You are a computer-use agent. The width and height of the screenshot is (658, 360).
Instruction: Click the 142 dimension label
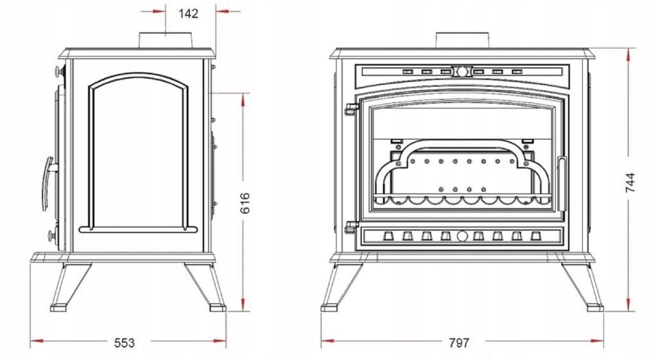(x=188, y=14)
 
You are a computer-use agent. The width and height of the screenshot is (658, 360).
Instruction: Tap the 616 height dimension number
(x=245, y=203)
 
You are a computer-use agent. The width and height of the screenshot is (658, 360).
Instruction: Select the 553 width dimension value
(x=125, y=343)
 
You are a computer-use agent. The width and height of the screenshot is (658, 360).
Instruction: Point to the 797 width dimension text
(x=459, y=343)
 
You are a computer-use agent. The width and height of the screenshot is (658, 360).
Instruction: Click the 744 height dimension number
(x=630, y=182)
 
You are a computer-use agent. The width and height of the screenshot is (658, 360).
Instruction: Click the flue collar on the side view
(x=166, y=40)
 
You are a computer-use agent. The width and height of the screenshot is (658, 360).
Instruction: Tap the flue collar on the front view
(x=463, y=40)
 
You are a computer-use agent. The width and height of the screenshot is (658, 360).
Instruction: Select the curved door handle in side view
(x=48, y=184)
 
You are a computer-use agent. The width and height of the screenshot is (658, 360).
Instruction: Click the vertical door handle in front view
(x=561, y=183)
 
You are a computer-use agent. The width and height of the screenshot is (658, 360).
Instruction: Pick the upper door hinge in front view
(x=351, y=108)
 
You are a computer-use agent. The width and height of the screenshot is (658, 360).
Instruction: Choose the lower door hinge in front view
(x=351, y=227)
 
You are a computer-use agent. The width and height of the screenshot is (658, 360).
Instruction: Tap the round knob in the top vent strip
(x=462, y=72)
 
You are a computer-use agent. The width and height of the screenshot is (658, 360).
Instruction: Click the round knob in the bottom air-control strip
(x=462, y=236)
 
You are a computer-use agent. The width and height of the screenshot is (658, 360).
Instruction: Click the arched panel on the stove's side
(x=89, y=155)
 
